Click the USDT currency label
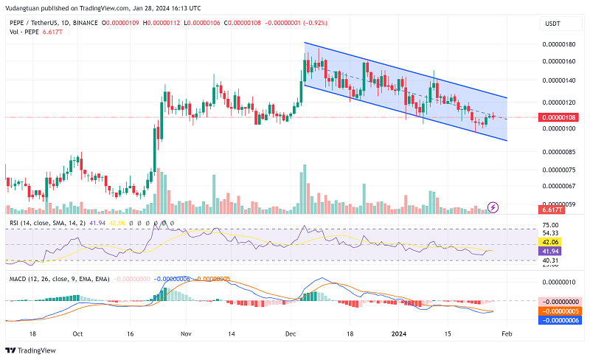pos(552,24)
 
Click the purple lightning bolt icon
pos(493,208)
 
